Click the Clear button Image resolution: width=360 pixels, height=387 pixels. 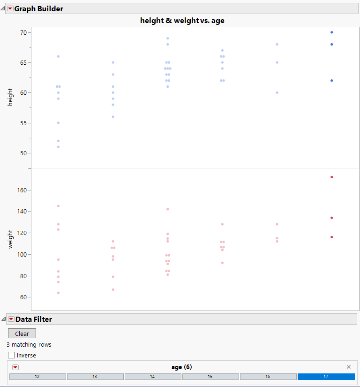click(x=22, y=334)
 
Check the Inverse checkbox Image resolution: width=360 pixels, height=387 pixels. click(x=11, y=355)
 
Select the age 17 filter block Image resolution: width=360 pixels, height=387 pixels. click(x=326, y=377)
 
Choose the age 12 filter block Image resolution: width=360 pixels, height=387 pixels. click(x=37, y=377)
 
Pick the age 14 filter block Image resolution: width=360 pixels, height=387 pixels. click(x=153, y=377)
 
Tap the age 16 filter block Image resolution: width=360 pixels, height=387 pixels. click(x=268, y=377)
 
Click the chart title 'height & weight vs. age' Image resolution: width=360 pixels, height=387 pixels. click(x=182, y=21)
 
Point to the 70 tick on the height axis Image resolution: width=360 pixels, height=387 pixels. click(x=22, y=32)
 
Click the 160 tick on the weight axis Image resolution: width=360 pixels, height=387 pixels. click(x=21, y=190)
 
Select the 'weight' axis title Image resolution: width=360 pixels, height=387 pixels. click(x=10, y=239)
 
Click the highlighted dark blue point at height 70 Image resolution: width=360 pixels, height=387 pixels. click(x=331, y=32)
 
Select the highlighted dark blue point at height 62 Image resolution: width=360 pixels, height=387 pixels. click(x=331, y=81)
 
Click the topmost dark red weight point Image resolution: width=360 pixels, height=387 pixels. click(x=331, y=177)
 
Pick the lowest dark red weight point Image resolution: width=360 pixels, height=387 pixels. click(x=331, y=237)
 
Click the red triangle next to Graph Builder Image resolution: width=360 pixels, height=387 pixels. click(x=10, y=8)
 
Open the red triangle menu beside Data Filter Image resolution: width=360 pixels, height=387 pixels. click(x=11, y=319)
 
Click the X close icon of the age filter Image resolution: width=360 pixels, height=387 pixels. click(x=348, y=367)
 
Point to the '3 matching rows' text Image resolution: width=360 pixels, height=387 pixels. click(x=29, y=345)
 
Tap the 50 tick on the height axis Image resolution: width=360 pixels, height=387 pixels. click(x=22, y=153)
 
